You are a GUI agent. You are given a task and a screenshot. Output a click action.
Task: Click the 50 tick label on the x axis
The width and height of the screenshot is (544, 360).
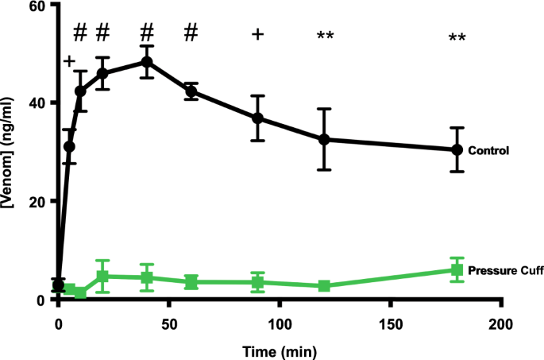pyautogui.click(x=168, y=324)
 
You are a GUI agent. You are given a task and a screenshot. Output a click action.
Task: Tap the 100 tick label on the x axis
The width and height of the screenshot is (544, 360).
pyautogui.click(x=280, y=324)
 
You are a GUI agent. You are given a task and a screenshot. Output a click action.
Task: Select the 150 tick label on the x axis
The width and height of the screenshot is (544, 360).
pyautogui.click(x=390, y=324)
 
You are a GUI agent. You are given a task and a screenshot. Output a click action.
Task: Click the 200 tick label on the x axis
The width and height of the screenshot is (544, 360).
pyautogui.click(x=500, y=324)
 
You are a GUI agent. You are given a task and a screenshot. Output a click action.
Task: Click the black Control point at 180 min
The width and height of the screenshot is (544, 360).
pyautogui.click(x=457, y=149)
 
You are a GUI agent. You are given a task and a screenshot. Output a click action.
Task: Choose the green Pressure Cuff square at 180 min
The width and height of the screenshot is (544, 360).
pyautogui.click(x=457, y=270)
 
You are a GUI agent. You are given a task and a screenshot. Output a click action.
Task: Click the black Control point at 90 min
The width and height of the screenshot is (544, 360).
pyautogui.click(x=257, y=118)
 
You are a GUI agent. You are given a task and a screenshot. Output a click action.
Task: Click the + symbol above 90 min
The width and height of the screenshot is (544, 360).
pyautogui.click(x=257, y=34)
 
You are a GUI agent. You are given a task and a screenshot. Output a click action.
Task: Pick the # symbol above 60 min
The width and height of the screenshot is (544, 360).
pyautogui.click(x=191, y=33)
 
